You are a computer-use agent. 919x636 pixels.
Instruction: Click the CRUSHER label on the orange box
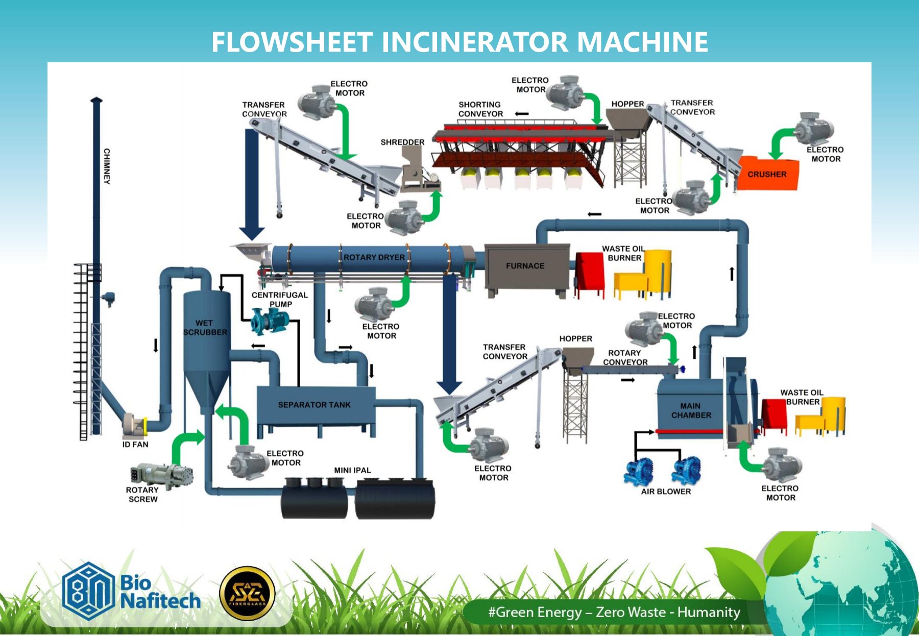pos(767,174)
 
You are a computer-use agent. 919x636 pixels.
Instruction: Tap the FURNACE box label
pos(525,266)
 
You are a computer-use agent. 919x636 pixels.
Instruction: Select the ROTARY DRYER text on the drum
pos(374,257)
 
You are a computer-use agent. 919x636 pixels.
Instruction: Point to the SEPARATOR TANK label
pos(314,405)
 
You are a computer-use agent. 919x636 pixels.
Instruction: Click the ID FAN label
pos(135,445)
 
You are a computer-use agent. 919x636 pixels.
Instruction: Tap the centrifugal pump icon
pos(270,321)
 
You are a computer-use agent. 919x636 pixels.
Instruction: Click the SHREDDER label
pos(402,142)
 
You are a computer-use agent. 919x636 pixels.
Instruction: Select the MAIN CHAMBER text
pos(691,410)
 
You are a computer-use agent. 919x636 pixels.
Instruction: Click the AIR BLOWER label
pos(666,492)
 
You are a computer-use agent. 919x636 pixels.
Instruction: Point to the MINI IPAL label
pos(352,470)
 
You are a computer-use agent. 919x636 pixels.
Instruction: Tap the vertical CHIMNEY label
pos(107,166)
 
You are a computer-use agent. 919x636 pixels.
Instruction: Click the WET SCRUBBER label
pos(205,328)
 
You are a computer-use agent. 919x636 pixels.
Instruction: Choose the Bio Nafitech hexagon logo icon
pos(87,591)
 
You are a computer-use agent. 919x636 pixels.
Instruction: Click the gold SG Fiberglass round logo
pos(247,594)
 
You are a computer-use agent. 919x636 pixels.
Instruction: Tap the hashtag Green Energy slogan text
pos(614,612)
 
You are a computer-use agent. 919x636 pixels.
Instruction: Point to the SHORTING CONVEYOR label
pos(480,109)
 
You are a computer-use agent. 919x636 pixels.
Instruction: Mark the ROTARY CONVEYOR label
pos(625,357)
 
